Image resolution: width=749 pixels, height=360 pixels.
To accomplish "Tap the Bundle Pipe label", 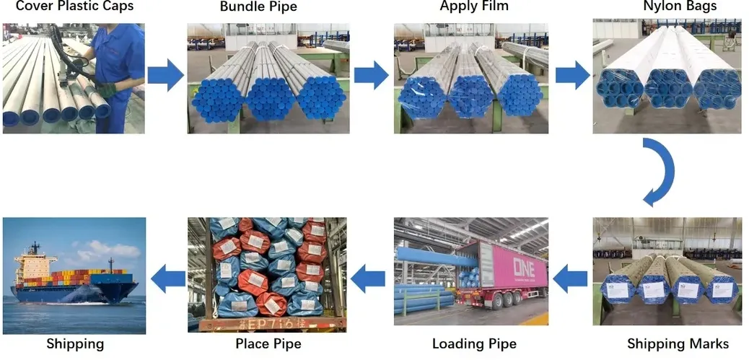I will pyautogui.click(x=258, y=7).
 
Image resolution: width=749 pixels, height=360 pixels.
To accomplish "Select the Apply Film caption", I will pyautogui.click(x=474, y=6).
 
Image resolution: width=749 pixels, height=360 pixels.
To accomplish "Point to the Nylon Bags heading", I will pyautogui.click(x=670, y=6).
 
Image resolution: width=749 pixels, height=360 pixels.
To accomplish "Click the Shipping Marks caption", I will pyautogui.click(x=678, y=343).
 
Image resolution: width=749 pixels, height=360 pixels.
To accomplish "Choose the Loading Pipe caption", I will pyautogui.click(x=474, y=343).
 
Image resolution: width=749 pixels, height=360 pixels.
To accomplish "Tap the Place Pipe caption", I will pyautogui.click(x=268, y=343).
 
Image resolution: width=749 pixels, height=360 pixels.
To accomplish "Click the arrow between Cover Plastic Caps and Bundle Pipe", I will pyautogui.click(x=165, y=75).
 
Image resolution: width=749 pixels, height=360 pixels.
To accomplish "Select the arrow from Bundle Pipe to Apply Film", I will pyautogui.click(x=371, y=75).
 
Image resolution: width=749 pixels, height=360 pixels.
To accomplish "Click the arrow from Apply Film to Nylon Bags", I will pyautogui.click(x=572, y=75).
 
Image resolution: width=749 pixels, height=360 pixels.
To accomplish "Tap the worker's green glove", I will pyautogui.click(x=108, y=90).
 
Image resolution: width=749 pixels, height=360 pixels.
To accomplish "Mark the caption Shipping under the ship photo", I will pyautogui.click(x=74, y=343).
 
